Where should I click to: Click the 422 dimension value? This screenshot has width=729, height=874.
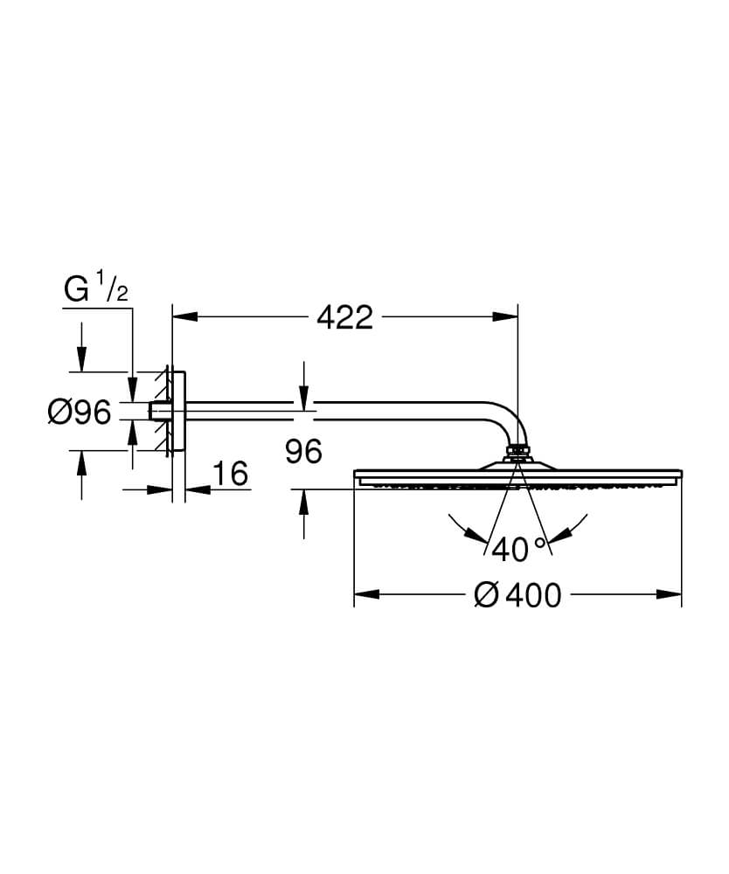tap(344, 318)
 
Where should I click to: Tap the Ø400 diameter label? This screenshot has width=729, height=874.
tap(517, 595)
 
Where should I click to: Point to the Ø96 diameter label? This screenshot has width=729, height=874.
tap(80, 413)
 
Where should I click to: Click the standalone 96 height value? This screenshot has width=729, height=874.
tap(303, 451)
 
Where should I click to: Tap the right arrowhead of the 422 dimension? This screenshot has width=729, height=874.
tap(505, 316)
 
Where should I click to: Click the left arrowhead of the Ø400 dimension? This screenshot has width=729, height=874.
tap(367, 594)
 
